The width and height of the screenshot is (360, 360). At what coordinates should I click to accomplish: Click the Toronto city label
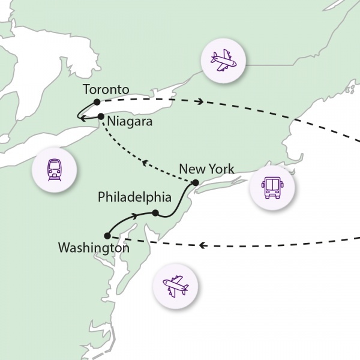(x=106, y=90)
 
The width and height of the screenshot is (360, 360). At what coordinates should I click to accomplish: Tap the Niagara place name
(x=130, y=122)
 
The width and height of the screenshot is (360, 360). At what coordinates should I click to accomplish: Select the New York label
(x=206, y=169)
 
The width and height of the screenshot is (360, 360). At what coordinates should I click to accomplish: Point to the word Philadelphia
(x=135, y=197)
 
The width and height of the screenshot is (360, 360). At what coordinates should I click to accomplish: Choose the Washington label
(x=94, y=247)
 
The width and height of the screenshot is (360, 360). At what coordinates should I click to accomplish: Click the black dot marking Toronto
(x=97, y=102)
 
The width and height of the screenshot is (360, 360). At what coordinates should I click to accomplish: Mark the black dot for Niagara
(x=101, y=116)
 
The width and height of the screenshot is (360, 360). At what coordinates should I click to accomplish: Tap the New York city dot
(x=195, y=183)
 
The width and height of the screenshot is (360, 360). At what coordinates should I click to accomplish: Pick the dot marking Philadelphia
(x=155, y=213)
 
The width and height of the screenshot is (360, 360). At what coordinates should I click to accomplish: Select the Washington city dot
(x=107, y=236)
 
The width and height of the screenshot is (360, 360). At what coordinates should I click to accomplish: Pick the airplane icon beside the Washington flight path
(x=176, y=284)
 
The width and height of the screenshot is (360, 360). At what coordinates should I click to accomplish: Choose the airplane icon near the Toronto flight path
(x=223, y=60)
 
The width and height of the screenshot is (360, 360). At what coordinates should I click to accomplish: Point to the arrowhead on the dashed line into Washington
(x=203, y=245)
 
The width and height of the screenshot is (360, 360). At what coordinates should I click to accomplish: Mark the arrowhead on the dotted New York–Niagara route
(x=144, y=161)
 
